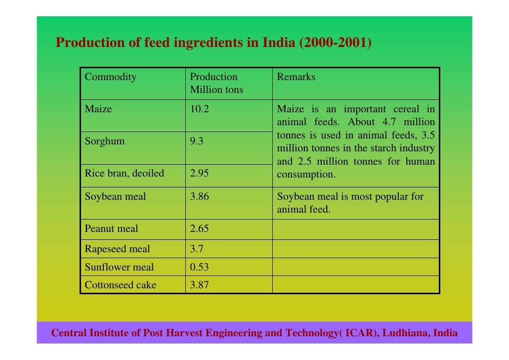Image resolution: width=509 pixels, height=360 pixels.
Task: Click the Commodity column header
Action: (x=110, y=77)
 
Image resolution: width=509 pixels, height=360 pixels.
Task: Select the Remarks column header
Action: (x=296, y=77)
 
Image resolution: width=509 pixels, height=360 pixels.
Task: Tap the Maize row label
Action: (x=98, y=109)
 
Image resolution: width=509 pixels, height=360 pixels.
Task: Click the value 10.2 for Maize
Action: (x=200, y=109)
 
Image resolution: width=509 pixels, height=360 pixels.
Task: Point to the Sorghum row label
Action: (x=105, y=141)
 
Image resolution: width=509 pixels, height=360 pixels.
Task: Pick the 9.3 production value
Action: (x=197, y=141)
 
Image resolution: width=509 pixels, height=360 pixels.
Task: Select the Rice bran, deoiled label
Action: (x=124, y=174)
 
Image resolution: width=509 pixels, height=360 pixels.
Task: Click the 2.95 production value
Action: (x=200, y=174)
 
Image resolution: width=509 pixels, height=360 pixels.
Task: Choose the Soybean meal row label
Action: (x=115, y=197)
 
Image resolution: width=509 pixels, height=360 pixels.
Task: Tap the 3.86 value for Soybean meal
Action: (x=200, y=197)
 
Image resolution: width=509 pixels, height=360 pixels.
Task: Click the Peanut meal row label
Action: (x=111, y=229)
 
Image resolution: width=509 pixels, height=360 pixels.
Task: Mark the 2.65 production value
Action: (x=200, y=229)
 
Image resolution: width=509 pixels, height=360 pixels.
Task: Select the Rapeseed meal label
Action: (x=117, y=249)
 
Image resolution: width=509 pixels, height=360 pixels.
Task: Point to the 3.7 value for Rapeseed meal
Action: (x=197, y=249)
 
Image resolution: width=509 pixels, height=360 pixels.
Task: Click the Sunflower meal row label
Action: (x=119, y=268)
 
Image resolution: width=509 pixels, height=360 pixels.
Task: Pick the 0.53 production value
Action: (x=200, y=268)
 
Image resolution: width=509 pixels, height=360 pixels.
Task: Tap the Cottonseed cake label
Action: (x=120, y=285)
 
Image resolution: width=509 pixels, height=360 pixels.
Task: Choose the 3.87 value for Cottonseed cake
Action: (x=200, y=285)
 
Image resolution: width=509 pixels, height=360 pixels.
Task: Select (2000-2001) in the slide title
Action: (x=336, y=43)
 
